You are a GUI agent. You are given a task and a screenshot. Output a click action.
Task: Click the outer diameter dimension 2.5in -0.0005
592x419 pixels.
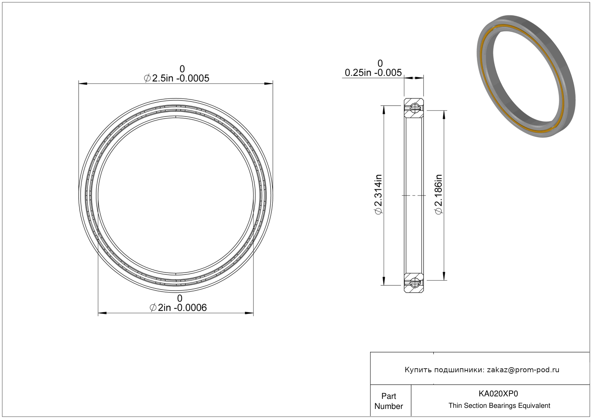(x=176, y=78)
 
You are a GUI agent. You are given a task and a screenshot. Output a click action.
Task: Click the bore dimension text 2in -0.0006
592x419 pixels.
(x=178, y=308)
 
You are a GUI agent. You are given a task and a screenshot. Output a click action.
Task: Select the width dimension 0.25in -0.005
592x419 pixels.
(x=373, y=73)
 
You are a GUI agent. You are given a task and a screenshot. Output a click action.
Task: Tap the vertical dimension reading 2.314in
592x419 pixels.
(x=378, y=194)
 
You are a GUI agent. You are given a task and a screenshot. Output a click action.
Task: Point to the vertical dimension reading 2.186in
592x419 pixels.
(x=438, y=194)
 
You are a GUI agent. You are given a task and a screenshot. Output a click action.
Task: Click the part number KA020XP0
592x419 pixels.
(x=498, y=394)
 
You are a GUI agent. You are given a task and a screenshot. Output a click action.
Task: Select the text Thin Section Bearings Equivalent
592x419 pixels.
(x=499, y=406)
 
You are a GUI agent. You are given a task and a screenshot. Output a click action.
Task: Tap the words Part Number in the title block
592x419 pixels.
(x=388, y=401)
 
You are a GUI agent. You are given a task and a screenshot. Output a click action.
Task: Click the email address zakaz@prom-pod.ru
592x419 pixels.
(x=523, y=370)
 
